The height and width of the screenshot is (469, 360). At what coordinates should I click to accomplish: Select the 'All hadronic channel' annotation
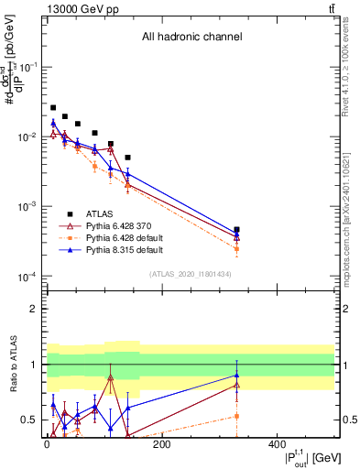pyautogui.click(x=191, y=38)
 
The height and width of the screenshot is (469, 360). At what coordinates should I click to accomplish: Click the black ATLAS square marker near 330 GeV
pyautogui.click(x=236, y=230)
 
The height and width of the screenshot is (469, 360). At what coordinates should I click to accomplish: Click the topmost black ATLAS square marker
pyautogui.click(x=53, y=107)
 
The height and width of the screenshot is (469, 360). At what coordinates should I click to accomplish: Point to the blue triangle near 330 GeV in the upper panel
pyautogui.click(x=236, y=234)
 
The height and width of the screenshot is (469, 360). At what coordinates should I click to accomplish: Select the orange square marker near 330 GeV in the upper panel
pyautogui.click(x=236, y=248)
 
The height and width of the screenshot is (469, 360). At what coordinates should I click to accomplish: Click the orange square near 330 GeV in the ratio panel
pyautogui.click(x=236, y=416)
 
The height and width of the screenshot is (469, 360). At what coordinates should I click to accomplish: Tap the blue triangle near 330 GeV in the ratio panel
pyautogui.click(x=236, y=375)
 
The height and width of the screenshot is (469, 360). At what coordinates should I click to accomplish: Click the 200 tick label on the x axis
pyautogui.click(x=161, y=444)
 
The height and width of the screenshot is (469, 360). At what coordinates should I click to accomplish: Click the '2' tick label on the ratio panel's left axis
pyautogui.click(x=33, y=309)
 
